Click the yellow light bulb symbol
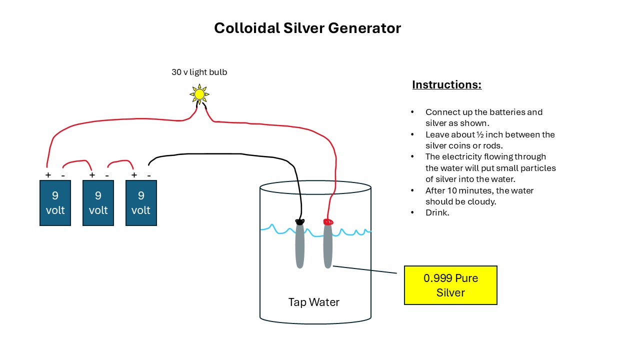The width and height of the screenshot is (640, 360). pyautogui.click(x=199, y=94)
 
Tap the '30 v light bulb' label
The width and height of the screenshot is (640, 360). pyautogui.click(x=199, y=72)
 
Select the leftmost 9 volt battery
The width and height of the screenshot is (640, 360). pyautogui.click(x=55, y=203)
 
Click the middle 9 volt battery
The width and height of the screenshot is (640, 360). pyautogui.click(x=98, y=203)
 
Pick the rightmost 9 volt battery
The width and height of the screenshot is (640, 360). pyautogui.click(x=141, y=203)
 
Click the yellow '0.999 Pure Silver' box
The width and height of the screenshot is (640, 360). pyautogui.click(x=450, y=285)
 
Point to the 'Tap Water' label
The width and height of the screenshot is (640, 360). pyautogui.click(x=313, y=302)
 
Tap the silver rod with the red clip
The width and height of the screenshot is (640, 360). pyautogui.click(x=327, y=245)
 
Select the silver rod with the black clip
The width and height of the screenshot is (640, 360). pyautogui.click(x=299, y=245)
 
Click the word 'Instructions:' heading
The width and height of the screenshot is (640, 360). pyautogui.click(x=447, y=84)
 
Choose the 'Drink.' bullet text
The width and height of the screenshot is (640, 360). pyautogui.click(x=437, y=212)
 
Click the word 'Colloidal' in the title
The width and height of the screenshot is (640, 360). pyautogui.click(x=247, y=28)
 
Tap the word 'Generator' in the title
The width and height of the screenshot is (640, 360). pyautogui.click(x=364, y=28)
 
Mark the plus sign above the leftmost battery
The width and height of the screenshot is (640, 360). pyautogui.click(x=48, y=175)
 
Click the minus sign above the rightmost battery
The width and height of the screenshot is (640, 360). pyautogui.click(x=149, y=175)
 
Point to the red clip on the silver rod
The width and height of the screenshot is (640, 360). pyautogui.click(x=328, y=221)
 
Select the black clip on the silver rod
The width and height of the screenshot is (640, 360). pyautogui.click(x=299, y=221)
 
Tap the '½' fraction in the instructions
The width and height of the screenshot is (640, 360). pyautogui.click(x=480, y=134)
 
